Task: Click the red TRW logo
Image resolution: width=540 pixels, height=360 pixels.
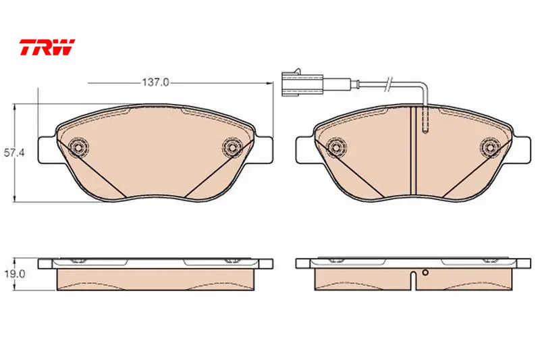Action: point(47,47)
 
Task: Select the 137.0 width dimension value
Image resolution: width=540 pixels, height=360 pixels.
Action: point(155,82)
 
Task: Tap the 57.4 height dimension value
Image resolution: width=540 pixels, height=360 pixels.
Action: point(14,152)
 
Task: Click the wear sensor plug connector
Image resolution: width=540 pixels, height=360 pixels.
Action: point(302,83)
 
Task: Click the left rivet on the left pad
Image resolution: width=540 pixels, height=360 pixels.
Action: point(78,147)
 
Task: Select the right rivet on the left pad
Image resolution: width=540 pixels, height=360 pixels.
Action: point(232,147)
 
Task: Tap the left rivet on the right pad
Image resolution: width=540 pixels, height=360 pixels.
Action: point(336,147)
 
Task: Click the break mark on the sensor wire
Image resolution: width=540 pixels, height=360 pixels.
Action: point(389,84)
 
